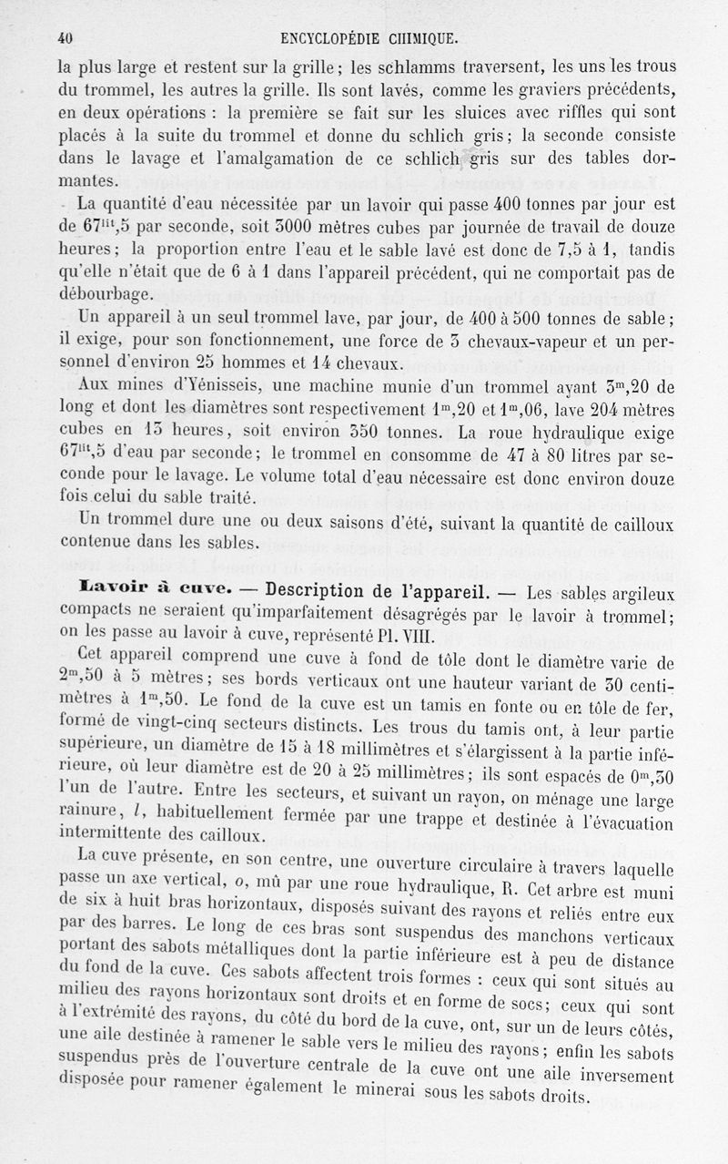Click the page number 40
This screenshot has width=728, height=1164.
pos(64,38)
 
